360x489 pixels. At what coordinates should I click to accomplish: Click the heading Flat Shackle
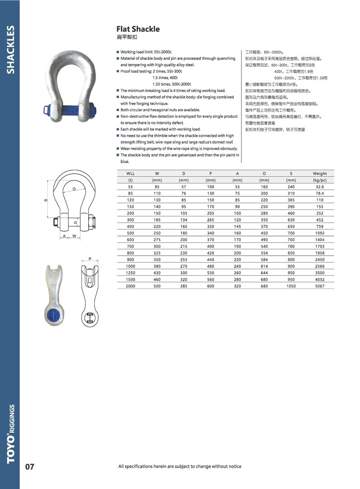[x=138, y=29]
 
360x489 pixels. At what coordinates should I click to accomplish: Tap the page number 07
[x=30, y=466]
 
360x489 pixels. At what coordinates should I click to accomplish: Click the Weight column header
[x=320, y=174]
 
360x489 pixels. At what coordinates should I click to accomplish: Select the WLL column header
[x=130, y=174]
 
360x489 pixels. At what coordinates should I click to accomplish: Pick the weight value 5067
[x=320, y=286]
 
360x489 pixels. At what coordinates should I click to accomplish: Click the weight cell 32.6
[x=320, y=187]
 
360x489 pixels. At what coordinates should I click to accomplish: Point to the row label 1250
[x=130, y=273]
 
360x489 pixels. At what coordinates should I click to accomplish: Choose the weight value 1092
[x=320, y=233]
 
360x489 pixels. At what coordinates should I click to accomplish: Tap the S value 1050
[x=291, y=286]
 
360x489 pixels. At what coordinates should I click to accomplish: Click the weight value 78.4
[x=320, y=193]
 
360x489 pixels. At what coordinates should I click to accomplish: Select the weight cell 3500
[x=320, y=273]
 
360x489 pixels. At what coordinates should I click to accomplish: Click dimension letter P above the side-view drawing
[x=90, y=259]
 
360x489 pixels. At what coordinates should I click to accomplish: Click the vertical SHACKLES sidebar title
[x=10, y=50]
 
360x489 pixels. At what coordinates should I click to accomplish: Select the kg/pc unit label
[x=320, y=180]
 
